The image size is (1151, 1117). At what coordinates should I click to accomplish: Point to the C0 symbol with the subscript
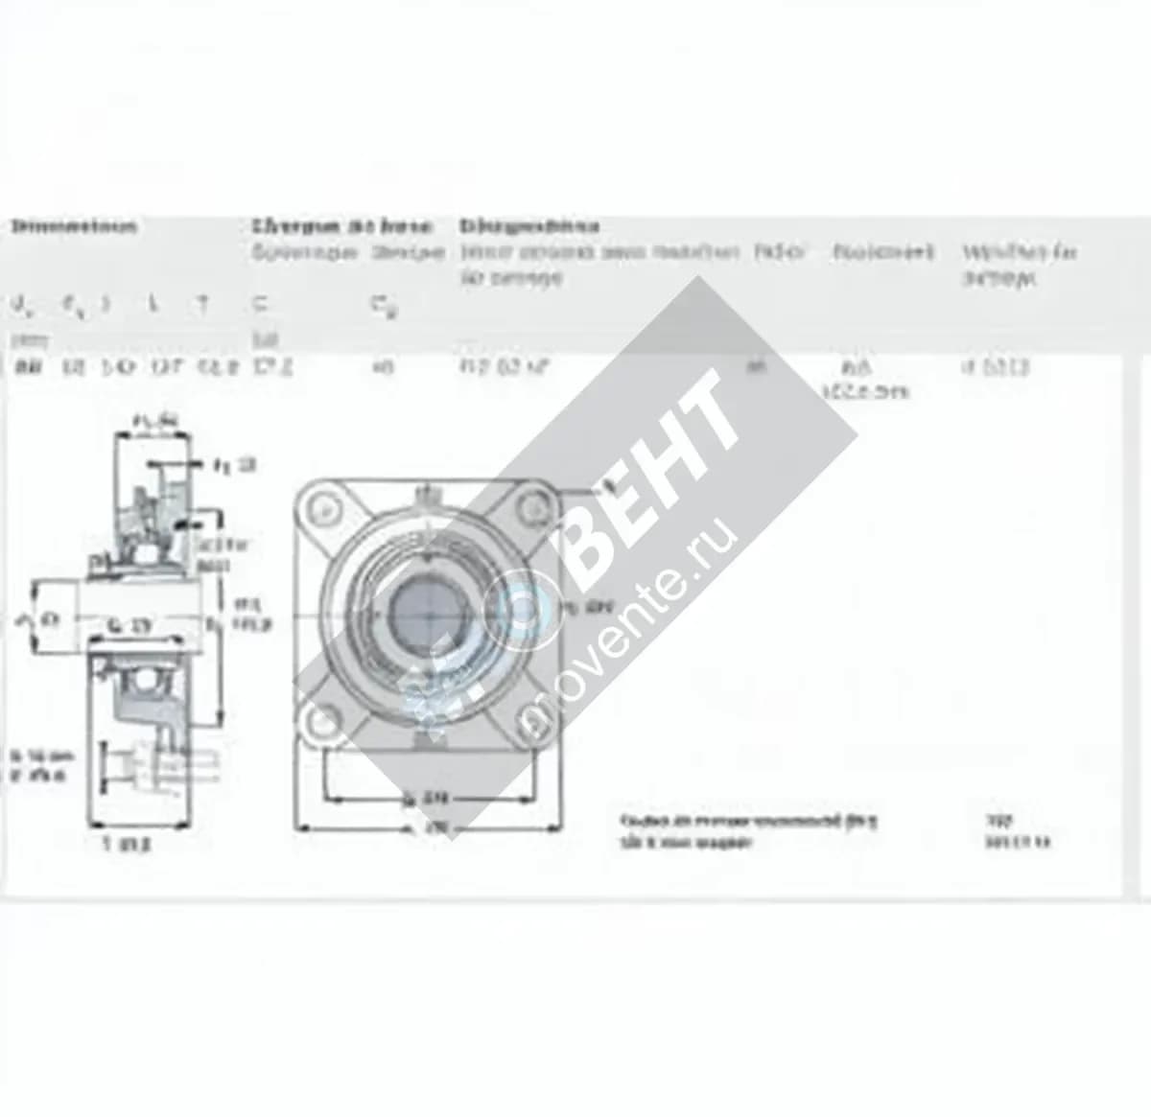385,307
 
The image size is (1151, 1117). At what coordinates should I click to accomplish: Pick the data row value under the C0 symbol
384,365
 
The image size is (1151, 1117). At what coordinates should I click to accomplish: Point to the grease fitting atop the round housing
421,495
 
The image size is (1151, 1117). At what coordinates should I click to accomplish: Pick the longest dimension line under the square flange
428,826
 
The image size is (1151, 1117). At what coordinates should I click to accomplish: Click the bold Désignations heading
529,227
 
